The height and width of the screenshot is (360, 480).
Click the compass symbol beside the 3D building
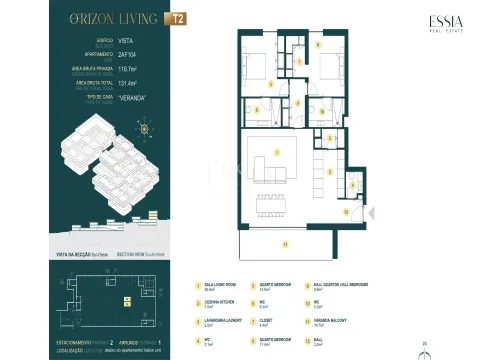coord(146,127)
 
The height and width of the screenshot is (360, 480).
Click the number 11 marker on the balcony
coord(284,243)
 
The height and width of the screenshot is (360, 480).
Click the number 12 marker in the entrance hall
coord(346,211)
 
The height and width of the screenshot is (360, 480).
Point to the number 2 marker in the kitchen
coord(331,171)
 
